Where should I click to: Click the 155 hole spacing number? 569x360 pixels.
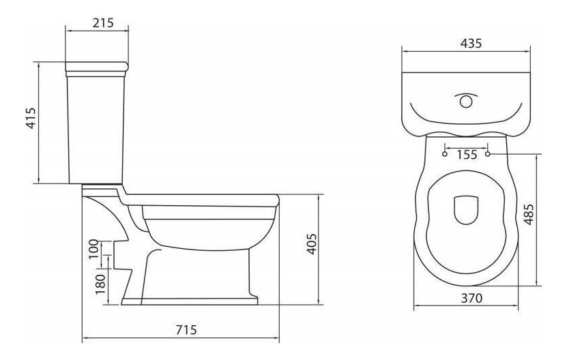pyautogui.click(x=467, y=155)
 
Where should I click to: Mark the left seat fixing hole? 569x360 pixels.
pyautogui.click(x=445, y=154)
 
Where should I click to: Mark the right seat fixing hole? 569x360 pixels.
pyautogui.click(x=488, y=154)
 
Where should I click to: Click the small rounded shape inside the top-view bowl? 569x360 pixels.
pyautogui.click(x=466, y=210)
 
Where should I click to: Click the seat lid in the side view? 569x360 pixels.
pyautogui.click(x=205, y=198)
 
